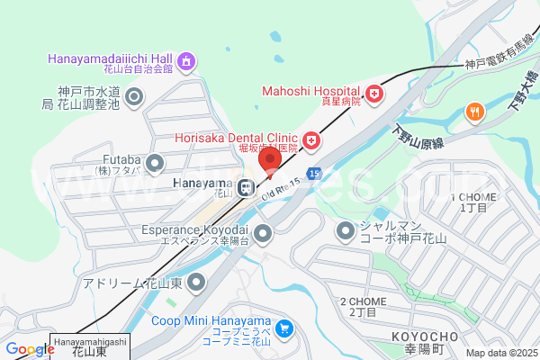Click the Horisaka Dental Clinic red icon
pyautogui.click(x=311, y=139)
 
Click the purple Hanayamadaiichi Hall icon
pyautogui.click(x=186, y=62)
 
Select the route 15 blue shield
pyautogui.click(x=312, y=172)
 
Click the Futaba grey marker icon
pyautogui.click(x=155, y=163)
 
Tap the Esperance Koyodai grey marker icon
pyautogui.click(x=263, y=234)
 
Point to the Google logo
pyautogui.click(x=30, y=349)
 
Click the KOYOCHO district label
pyautogui.click(x=423, y=337)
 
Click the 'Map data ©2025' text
pyautogui.click(x=500, y=353)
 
